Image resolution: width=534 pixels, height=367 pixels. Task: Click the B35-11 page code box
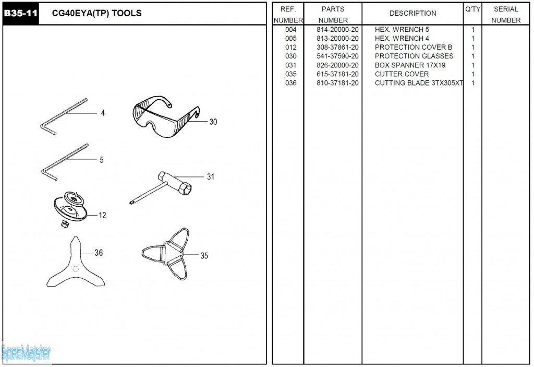coord(21,14)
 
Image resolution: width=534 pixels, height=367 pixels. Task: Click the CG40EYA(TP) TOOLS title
coord(97,13)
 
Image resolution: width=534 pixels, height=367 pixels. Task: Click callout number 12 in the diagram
coord(102,215)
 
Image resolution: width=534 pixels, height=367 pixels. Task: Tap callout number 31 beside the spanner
coord(210,177)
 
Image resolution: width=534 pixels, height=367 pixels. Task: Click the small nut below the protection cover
coord(64,223)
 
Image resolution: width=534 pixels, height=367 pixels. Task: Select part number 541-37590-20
coord(337,56)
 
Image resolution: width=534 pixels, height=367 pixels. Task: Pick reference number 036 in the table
coord(291,83)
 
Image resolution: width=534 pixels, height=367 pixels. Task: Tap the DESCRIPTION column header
coord(412,14)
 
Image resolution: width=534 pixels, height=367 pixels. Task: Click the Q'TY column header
coord(472,9)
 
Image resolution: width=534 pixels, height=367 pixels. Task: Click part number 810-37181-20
coord(337,83)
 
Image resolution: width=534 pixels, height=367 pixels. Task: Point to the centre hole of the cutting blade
coord(75,268)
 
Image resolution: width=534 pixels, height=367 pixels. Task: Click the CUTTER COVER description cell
coord(402,74)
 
